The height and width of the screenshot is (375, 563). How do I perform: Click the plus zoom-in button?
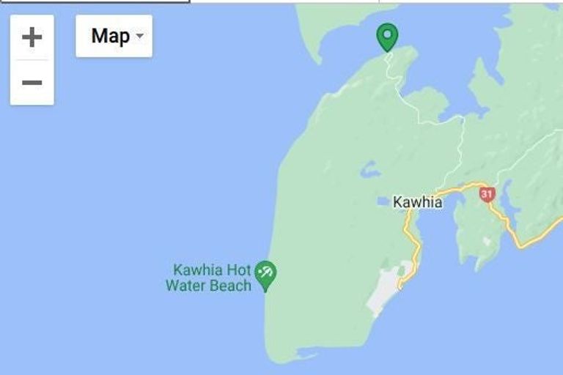click(32, 36)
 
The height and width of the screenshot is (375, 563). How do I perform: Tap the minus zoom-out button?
click(32, 82)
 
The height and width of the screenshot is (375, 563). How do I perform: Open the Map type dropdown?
click(114, 36)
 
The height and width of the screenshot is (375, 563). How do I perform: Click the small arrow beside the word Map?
click(139, 37)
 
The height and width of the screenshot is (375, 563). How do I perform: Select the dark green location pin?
click(387, 36)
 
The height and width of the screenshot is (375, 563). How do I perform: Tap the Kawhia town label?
click(417, 201)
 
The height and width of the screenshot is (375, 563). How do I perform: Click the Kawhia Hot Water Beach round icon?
click(265, 273)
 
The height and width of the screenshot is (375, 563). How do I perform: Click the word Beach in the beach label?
click(230, 286)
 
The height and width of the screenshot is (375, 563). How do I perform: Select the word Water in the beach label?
click(187, 286)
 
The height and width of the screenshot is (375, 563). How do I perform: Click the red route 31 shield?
click(487, 194)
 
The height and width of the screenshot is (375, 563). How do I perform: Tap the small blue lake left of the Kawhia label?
click(382, 201)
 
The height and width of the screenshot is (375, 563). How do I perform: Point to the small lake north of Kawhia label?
click(369, 170)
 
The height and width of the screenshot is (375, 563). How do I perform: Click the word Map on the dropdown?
click(110, 36)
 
